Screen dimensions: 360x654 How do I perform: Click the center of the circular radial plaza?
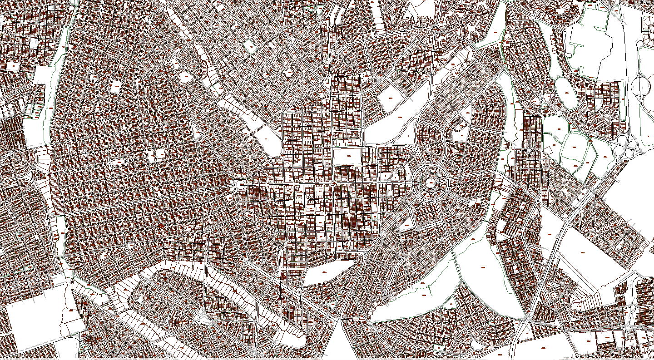(x=431, y=183)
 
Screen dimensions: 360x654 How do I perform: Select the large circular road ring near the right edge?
(x=642, y=86)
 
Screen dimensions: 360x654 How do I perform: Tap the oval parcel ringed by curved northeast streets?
(x=565, y=93)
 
